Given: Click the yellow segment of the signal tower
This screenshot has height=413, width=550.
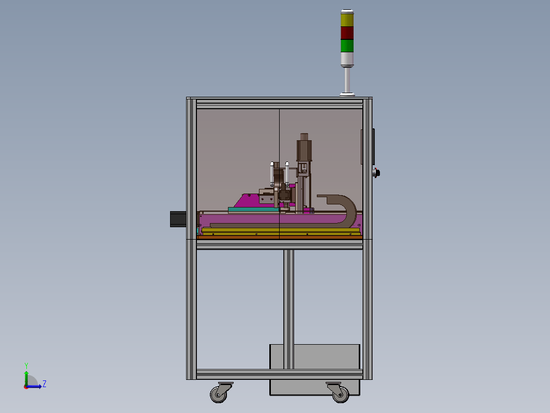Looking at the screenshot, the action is click(347, 20).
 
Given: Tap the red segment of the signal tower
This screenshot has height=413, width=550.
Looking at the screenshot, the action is click(347, 33).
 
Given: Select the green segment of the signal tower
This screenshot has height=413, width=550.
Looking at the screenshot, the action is click(347, 46).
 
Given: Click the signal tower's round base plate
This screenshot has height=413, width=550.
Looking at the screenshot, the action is click(347, 94).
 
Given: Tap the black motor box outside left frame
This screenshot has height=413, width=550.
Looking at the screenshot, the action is click(178, 219).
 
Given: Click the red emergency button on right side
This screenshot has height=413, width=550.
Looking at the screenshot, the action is click(377, 173).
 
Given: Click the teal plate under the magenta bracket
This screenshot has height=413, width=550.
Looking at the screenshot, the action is click(253, 210).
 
